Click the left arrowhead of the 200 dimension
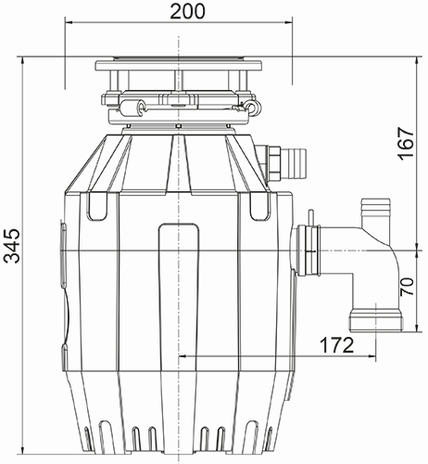(69, 27)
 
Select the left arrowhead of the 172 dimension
(181, 356)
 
